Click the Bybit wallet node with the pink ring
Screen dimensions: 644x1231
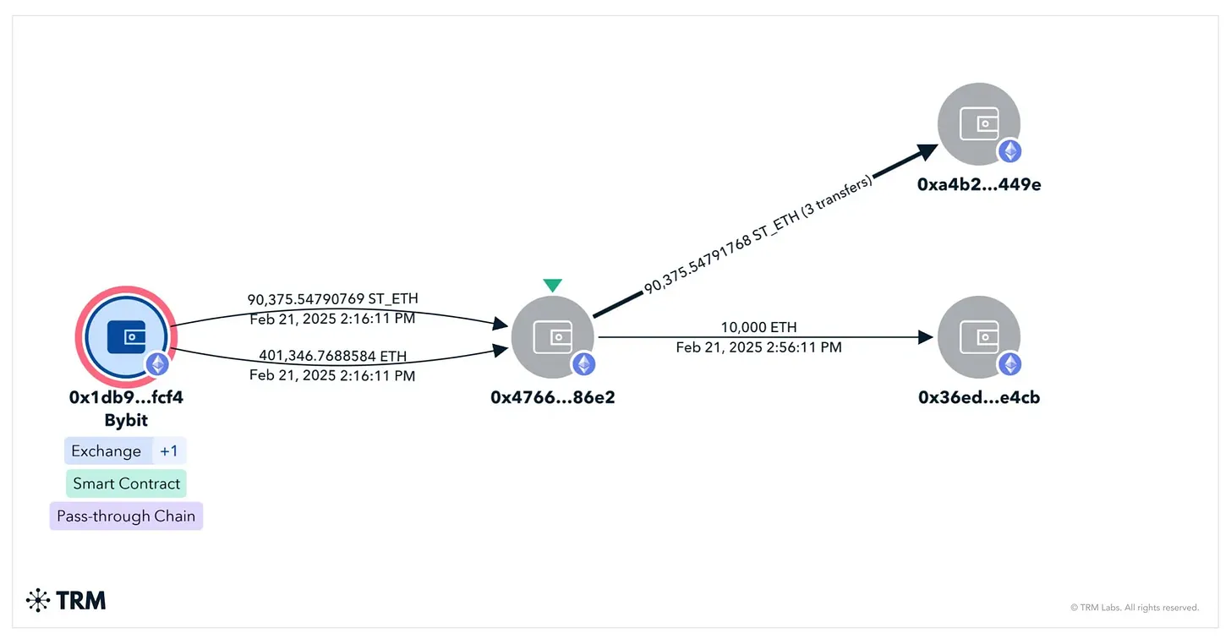pos(127,336)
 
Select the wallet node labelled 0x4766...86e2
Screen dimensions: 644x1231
pos(552,337)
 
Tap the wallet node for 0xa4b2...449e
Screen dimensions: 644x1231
pos(979,124)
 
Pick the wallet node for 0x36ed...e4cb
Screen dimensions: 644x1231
pos(979,337)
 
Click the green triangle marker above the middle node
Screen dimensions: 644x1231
pos(552,286)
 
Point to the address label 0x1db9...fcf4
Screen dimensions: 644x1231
pos(126,397)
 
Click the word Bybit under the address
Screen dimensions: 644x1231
pos(126,420)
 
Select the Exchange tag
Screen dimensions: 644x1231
pos(107,451)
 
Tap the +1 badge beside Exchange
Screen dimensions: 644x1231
pos(169,451)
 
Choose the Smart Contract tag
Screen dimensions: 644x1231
pos(126,483)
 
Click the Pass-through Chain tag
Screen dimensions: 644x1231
pos(126,516)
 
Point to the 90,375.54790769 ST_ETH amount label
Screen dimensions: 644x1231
pos(332,299)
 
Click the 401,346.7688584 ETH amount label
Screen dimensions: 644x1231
pos(332,356)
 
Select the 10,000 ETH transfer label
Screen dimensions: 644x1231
pos(758,327)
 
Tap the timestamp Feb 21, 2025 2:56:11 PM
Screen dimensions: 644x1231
pos(758,347)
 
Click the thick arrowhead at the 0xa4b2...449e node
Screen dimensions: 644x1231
pos(927,151)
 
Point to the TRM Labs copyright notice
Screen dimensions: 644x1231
pos(1134,608)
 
